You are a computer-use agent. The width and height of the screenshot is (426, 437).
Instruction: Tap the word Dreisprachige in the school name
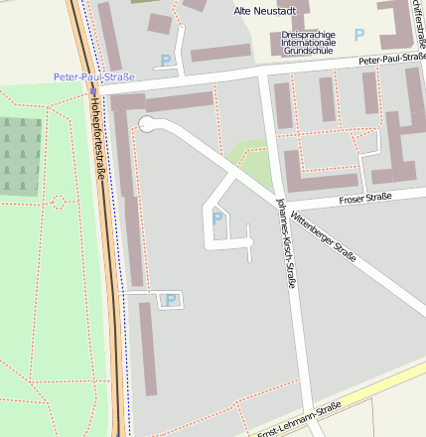(x=308, y=34)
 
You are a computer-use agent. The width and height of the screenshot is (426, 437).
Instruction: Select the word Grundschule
(x=308, y=52)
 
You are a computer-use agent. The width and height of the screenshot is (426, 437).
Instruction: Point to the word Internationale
(x=308, y=43)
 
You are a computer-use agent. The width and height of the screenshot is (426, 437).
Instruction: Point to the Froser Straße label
(x=365, y=198)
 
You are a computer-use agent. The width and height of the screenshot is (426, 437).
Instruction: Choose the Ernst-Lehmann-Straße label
(x=299, y=419)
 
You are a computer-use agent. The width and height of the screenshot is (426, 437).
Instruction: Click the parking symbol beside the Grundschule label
(x=359, y=35)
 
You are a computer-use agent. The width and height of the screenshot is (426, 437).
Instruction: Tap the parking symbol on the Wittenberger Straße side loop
(x=216, y=218)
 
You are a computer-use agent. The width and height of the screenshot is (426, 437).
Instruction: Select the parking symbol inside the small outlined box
(x=171, y=299)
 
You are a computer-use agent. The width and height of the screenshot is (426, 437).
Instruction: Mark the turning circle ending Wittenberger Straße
(x=146, y=124)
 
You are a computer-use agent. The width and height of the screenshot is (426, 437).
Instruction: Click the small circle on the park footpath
(x=59, y=203)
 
